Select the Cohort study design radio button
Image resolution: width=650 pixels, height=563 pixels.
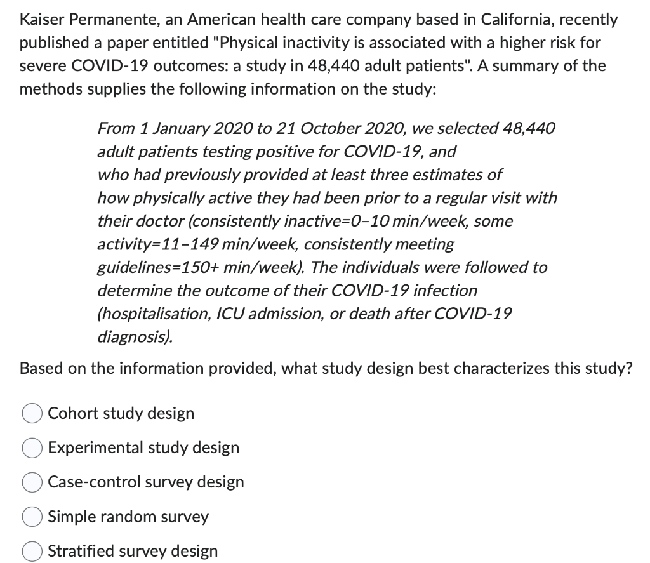(x=33, y=414)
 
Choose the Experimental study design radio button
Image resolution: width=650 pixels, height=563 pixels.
(x=33, y=448)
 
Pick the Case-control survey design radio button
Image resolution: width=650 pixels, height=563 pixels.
(x=33, y=482)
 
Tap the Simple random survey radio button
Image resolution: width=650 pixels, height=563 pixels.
(x=33, y=517)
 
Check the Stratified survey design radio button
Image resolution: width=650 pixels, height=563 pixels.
(x=33, y=551)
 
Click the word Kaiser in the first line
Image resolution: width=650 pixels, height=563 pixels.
(x=41, y=19)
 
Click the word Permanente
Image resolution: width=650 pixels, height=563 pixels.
(x=111, y=19)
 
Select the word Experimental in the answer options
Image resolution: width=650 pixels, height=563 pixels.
(x=96, y=448)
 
